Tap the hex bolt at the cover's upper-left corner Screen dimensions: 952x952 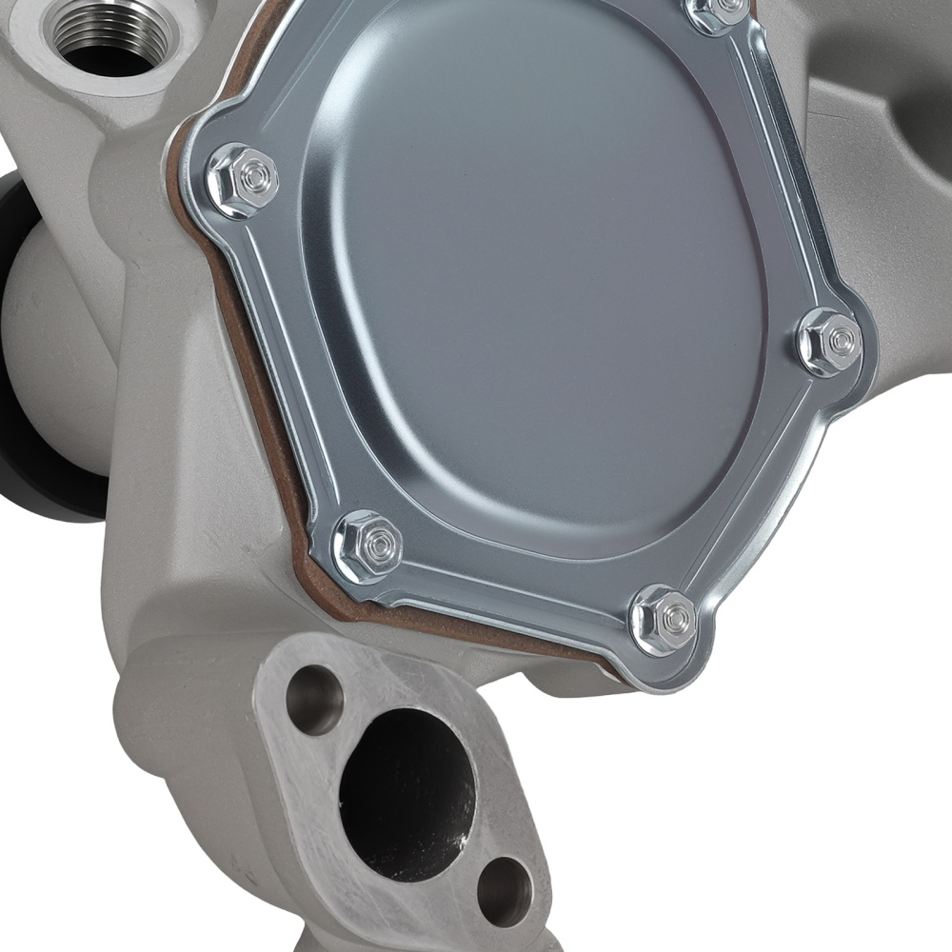243,179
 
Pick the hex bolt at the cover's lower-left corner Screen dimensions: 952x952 368,546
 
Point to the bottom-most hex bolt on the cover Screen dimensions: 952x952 665,620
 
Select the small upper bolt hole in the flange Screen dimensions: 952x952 314,700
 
